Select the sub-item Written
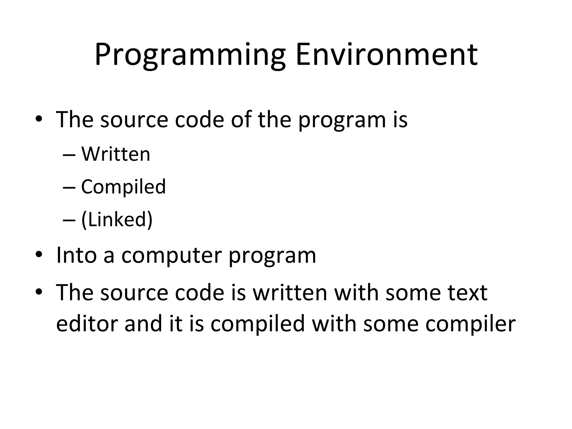116,154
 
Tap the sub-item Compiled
123,187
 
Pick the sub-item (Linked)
117,219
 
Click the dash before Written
69,155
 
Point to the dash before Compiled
69,188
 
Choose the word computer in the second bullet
171,256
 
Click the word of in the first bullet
241,119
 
